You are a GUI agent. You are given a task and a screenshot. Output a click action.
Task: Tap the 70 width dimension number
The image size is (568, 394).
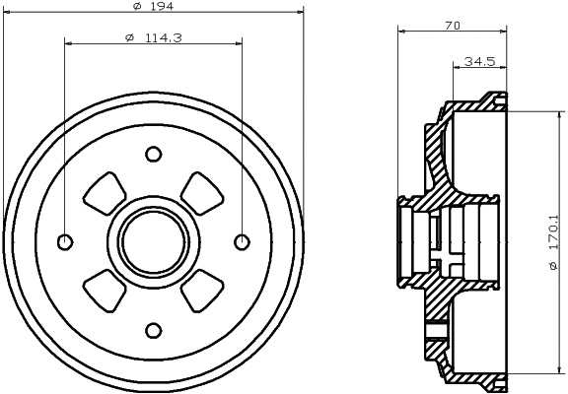[453, 26]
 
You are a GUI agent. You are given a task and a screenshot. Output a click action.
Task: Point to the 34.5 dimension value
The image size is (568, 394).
[478, 62]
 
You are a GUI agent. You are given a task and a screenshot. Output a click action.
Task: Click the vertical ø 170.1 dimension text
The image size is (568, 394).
[555, 240]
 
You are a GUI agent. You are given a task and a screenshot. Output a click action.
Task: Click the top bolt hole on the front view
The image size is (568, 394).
[153, 154]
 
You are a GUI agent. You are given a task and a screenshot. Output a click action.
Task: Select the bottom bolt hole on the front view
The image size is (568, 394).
[153, 330]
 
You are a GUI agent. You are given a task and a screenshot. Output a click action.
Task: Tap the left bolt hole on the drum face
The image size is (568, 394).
[65, 241]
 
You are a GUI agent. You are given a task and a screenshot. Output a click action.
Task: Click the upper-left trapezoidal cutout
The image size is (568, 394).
[104, 193]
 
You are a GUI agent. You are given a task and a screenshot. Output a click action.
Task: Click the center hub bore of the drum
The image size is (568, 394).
[153, 241]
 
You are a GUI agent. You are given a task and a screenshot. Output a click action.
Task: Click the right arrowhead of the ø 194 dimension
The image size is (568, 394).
[296, 13]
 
